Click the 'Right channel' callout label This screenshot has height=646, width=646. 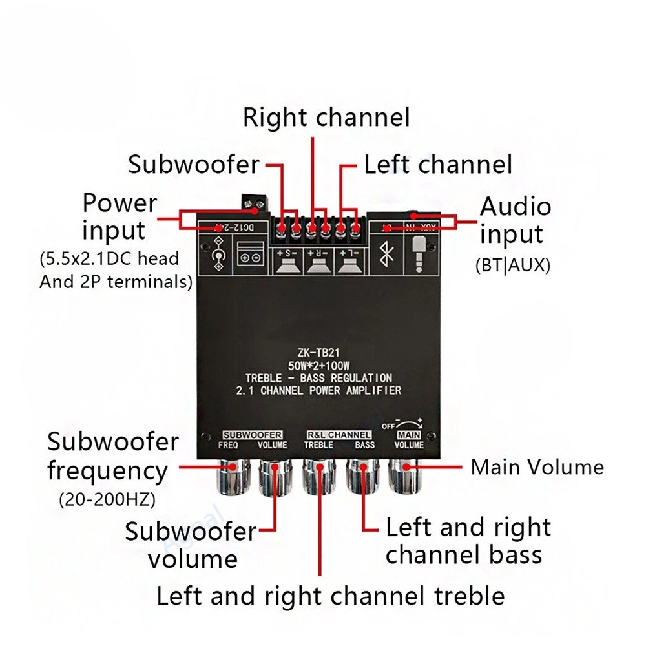pyautogui.click(x=326, y=118)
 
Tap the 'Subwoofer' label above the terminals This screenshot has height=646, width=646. pyautogui.click(x=193, y=164)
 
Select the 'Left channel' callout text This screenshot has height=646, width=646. pyautogui.click(x=438, y=164)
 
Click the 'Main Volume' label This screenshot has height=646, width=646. pyautogui.click(x=537, y=466)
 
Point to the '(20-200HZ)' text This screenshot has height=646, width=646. pyautogui.click(x=107, y=499)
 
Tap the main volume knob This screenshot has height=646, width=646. pyautogui.click(x=406, y=478)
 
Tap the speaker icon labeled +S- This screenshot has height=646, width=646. pyautogui.click(x=287, y=262)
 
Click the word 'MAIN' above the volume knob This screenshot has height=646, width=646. pyautogui.click(x=408, y=435)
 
